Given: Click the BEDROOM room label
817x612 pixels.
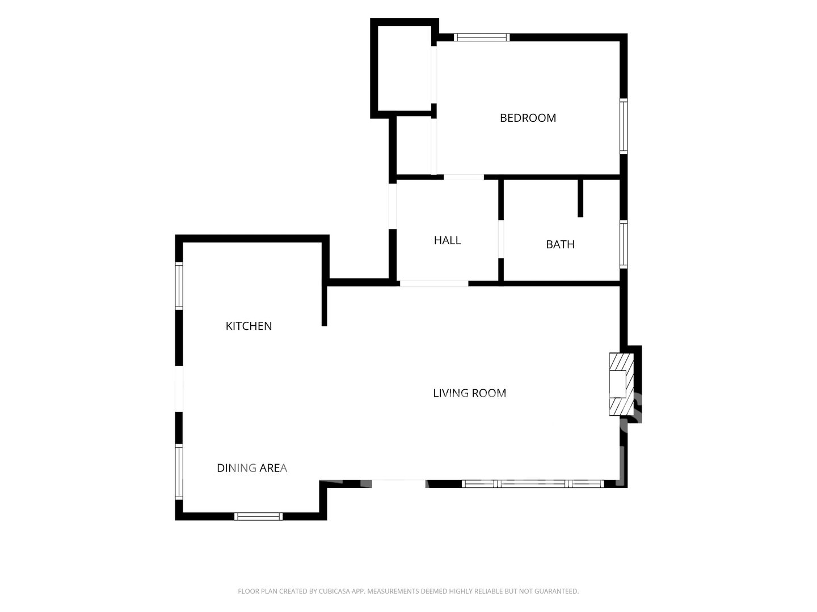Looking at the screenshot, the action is (528, 118).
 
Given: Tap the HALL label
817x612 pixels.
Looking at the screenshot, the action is (447, 240).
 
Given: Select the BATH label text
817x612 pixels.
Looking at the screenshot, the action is (560, 244).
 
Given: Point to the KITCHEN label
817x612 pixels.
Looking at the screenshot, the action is (249, 326).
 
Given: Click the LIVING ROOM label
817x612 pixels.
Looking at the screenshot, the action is (469, 393).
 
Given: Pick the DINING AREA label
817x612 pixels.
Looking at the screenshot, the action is (251, 468).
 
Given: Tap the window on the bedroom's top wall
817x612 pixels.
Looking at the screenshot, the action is (481, 37).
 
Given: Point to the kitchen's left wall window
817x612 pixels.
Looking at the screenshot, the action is (179, 286).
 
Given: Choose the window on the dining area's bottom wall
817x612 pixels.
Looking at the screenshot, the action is (258, 516).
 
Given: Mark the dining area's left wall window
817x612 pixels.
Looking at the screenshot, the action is (179, 471).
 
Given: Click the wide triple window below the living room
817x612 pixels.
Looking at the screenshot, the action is (533, 483).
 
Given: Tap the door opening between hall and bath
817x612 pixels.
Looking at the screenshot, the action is (500, 239).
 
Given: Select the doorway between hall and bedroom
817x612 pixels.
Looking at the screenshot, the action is (464, 177).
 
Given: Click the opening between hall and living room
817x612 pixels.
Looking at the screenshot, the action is (433, 283).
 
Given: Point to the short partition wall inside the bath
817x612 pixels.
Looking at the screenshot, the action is (580, 198).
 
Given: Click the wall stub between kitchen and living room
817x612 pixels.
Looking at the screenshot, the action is (324, 306).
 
